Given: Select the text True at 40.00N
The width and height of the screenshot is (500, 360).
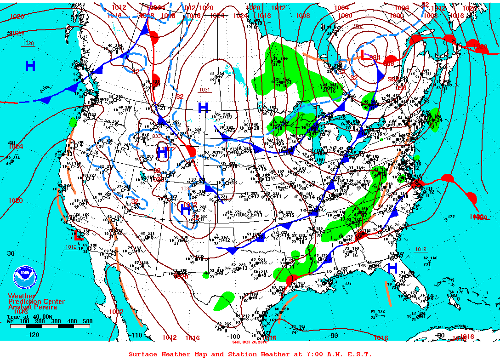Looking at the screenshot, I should (x=26, y=316).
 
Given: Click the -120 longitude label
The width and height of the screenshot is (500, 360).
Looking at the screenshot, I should (x=34, y=334).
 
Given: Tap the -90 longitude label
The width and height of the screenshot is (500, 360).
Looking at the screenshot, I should (x=334, y=336).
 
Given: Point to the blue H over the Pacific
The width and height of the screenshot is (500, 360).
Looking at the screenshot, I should (x=30, y=66).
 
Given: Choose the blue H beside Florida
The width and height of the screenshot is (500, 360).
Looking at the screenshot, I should (x=392, y=268).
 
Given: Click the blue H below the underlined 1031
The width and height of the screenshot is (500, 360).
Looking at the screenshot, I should (x=203, y=108).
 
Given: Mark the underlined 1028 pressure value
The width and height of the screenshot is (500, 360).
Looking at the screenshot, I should (x=28, y=44).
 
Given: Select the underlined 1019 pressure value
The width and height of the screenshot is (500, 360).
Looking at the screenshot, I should (x=420, y=250).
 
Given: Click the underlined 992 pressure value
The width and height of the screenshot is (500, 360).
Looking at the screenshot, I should (x=358, y=26).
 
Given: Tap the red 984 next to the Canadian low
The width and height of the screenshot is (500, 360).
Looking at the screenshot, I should (x=376, y=57).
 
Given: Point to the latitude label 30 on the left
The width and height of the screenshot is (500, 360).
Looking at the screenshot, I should (x=11, y=253).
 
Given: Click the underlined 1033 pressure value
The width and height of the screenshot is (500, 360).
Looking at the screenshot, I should (x=155, y=136).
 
